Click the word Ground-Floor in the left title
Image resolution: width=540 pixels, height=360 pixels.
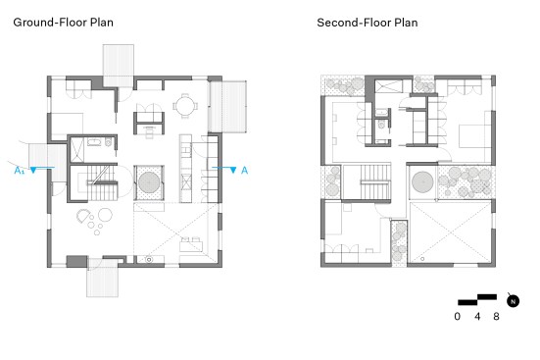point(50,23)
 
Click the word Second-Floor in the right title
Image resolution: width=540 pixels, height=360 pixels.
point(354,23)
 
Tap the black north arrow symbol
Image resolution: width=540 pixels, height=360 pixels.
point(513,301)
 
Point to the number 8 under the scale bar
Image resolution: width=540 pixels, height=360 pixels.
point(496,316)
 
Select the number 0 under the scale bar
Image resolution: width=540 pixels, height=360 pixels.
point(457,316)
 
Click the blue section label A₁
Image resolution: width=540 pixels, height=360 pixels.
point(20,170)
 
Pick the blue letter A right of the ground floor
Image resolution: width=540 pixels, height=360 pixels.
point(244,170)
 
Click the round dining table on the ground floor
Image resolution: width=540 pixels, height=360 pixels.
point(185,106)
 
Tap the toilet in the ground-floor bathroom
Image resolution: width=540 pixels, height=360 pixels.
point(109,141)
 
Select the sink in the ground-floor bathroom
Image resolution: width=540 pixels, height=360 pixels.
point(93,141)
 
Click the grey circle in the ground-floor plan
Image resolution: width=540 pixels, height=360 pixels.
point(149,182)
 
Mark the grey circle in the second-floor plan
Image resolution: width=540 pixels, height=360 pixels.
point(422,181)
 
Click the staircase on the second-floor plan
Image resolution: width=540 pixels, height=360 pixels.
point(374,182)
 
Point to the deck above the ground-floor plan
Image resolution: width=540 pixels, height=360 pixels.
point(119,66)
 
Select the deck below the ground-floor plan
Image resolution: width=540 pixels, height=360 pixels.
point(102,278)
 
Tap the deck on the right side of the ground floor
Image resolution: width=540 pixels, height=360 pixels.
point(227,107)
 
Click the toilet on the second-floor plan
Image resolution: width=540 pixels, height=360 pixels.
point(381,125)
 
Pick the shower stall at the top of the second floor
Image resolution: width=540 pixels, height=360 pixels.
point(388,86)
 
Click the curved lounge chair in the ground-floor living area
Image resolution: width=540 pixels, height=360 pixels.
point(82,216)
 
